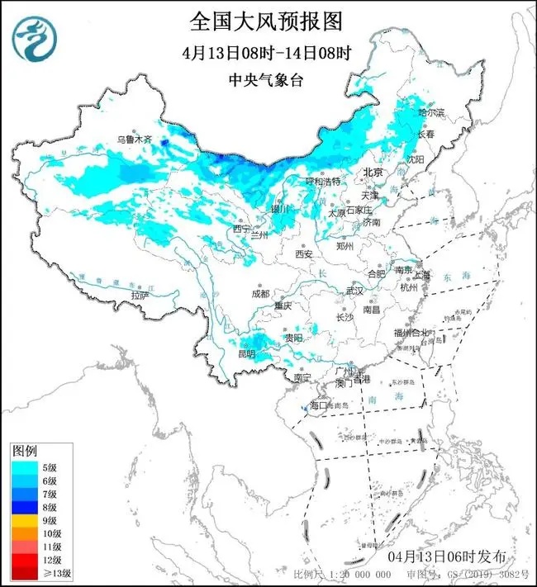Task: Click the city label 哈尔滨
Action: click(x=430, y=111)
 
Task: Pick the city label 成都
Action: click(x=261, y=293)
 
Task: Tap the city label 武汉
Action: click(x=354, y=291)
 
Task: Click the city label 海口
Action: click(x=318, y=405)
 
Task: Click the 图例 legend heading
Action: click(x=24, y=452)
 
